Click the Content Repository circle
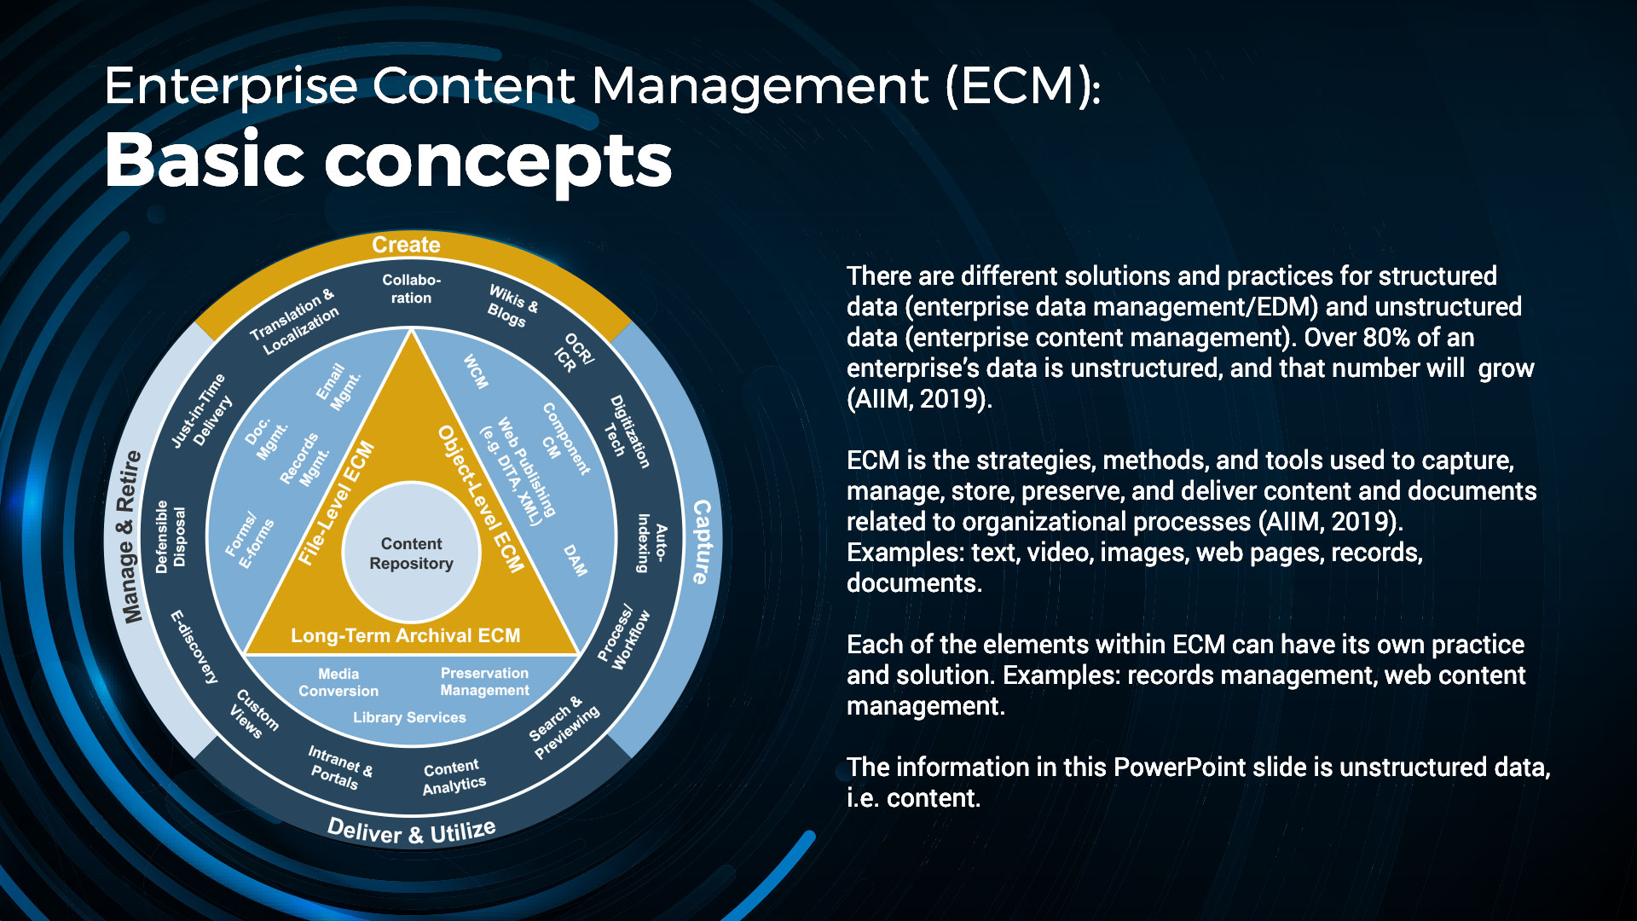click(411, 553)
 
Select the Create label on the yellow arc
click(406, 246)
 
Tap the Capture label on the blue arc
click(701, 542)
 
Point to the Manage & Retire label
click(130, 537)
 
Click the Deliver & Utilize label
click(411, 831)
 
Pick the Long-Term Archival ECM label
click(405, 635)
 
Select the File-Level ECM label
click(336, 503)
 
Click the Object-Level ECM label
click(481, 499)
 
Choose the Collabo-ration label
click(411, 289)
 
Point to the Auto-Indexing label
click(652, 542)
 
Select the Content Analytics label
click(454, 777)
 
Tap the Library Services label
click(409, 717)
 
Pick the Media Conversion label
click(338, 682)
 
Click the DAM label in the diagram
click(576, 560)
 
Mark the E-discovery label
click(194, 646)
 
